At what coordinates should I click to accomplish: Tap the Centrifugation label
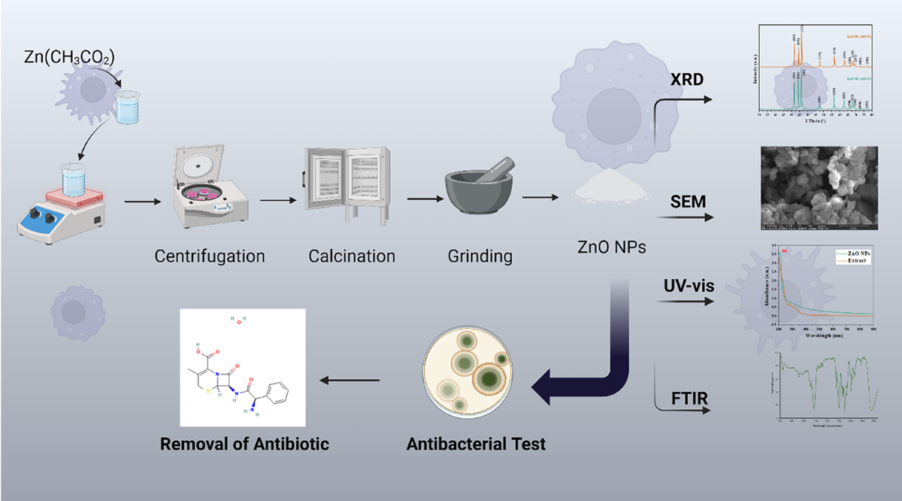pyautogui.click(x=210, y=256)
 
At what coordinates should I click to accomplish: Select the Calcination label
pyautogui.click(x=352, y=256)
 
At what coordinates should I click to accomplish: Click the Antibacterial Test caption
pyautogui.click(x=476, y=444)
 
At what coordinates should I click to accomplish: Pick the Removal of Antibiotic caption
pyautogui.click(x=244, y=444)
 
